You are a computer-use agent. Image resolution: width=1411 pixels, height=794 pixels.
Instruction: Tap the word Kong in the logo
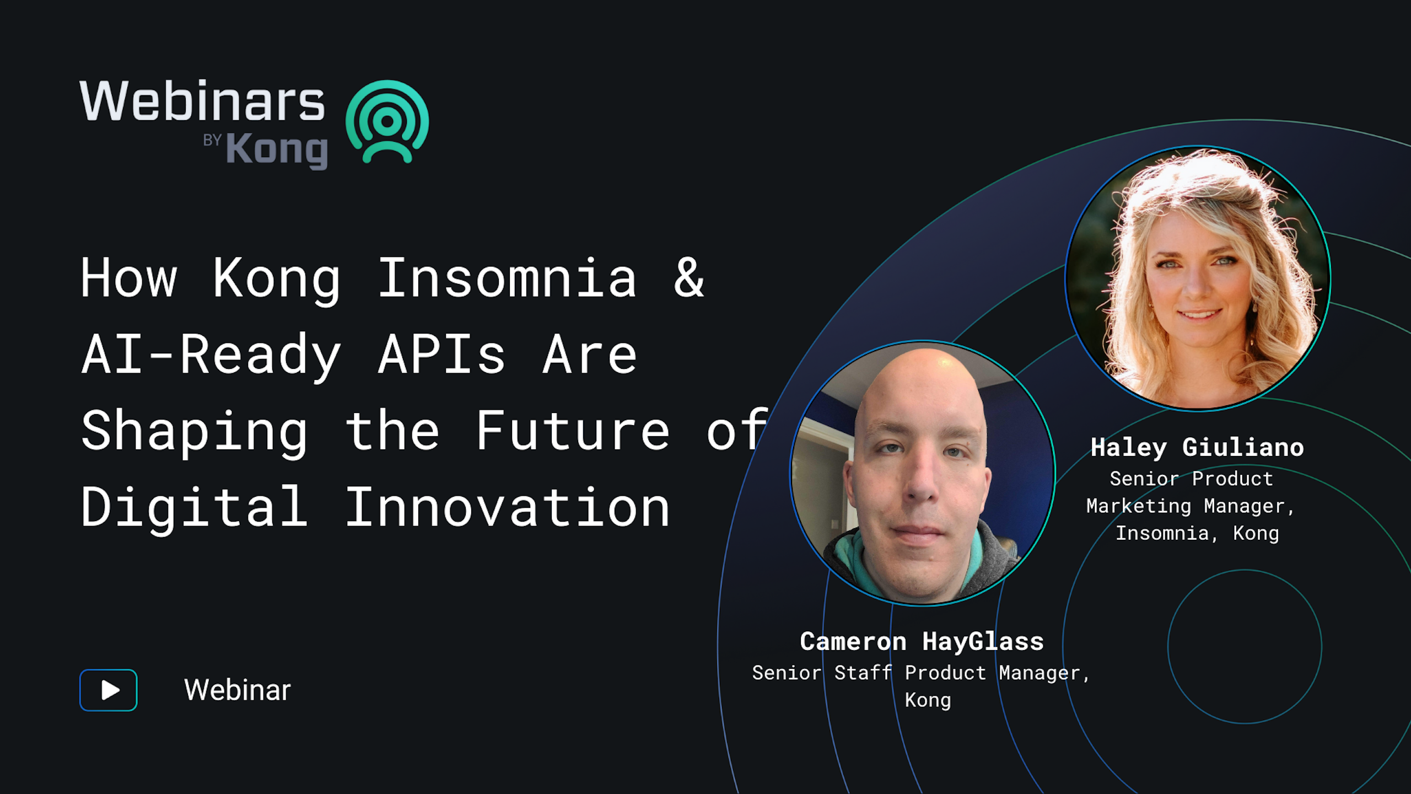(x=277, y=150)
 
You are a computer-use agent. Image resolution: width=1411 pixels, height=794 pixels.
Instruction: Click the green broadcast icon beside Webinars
(x=387, y=122)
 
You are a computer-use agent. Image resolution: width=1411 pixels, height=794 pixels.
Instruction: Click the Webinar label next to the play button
(x=237, y=690)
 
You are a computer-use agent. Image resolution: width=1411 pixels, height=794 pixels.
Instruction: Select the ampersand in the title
(x=689, y=278)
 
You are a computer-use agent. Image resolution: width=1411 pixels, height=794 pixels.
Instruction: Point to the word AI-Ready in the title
(x=211, y=355)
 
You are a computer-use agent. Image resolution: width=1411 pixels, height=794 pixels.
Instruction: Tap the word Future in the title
(x=573, y=431)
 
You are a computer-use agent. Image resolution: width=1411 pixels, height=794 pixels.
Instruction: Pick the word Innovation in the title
(x=508, y=507)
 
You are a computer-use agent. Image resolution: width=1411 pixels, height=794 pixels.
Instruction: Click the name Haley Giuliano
(x=1197, y=448)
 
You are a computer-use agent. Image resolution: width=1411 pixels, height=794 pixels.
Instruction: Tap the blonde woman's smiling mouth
(x=1200, y=315)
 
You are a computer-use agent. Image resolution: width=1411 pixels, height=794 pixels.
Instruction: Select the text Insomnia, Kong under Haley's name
(x=1197, y=533)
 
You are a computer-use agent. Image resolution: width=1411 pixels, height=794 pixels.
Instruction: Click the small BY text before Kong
(x=212, y=140)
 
